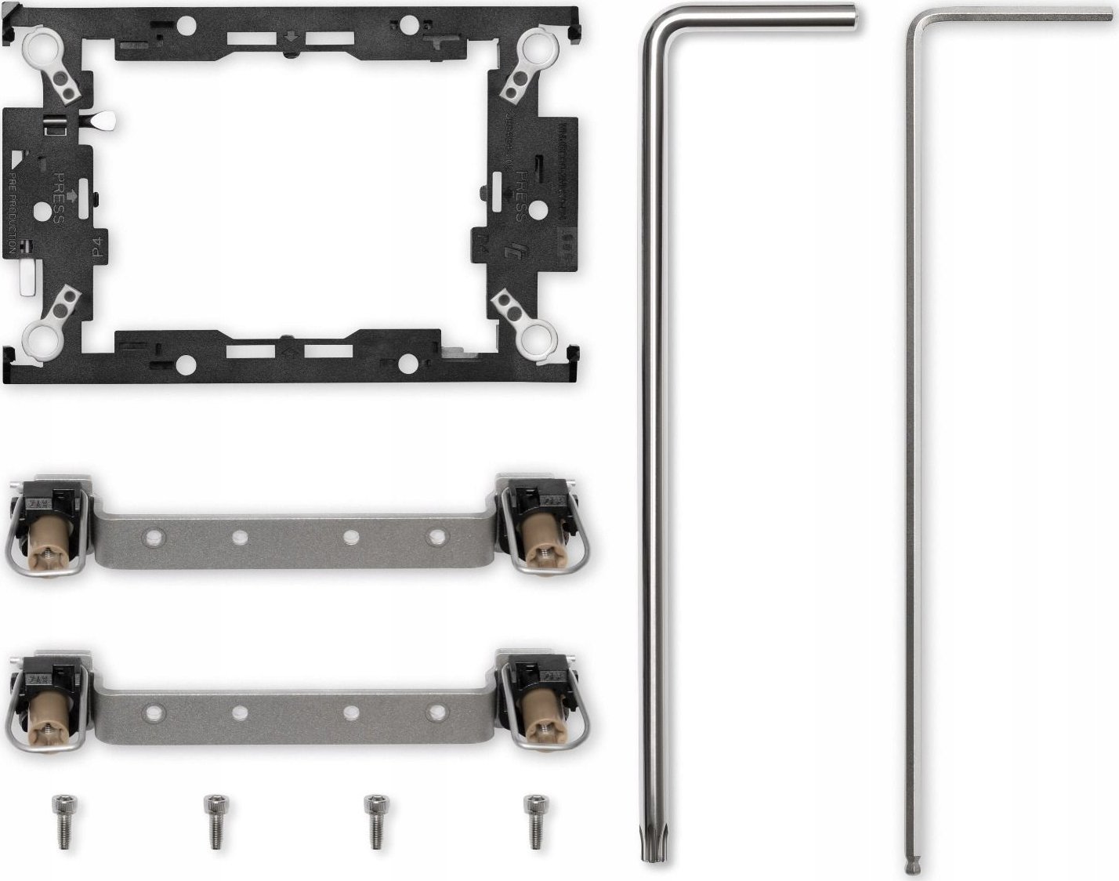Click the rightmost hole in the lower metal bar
click(x=437, y=712)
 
